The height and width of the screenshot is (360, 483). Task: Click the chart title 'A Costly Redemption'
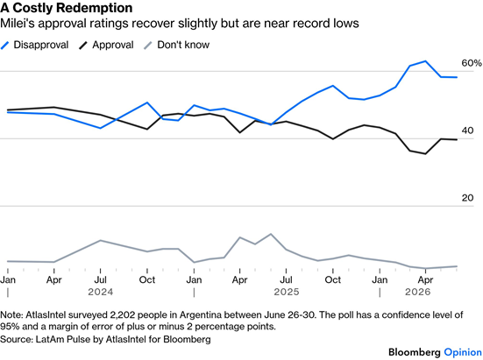(x=67, y=8)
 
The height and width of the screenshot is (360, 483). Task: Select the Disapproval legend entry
(x=34, y=45)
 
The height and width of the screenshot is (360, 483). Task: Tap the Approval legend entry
(x=107, y=45)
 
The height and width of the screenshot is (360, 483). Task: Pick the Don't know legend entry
(x=177, y=45)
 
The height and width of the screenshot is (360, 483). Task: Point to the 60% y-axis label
(x=472, y=63)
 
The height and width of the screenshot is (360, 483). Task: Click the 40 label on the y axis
(x=467, y=131)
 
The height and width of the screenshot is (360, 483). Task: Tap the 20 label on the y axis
(x=467, y=198)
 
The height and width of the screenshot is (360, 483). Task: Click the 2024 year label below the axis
(x=101, y=292)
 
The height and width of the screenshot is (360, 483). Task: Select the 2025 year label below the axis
(x=287, y=292)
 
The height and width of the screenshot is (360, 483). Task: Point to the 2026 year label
(x=418, y=292)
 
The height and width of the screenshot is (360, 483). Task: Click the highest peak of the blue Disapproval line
(x=425, y=61)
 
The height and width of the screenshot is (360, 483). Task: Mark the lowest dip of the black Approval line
(x=425, y=154)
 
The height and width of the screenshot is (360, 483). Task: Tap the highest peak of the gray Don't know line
(x=271, y=234)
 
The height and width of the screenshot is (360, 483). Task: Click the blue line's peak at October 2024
(x=147, y=102)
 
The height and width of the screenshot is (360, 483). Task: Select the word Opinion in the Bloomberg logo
(x=463, y=352)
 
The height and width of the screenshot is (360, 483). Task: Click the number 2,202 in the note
(x=119, y=315)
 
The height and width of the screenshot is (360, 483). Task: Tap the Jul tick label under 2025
(x=286, y=279)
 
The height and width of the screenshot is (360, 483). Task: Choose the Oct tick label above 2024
(x=147, y=279)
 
